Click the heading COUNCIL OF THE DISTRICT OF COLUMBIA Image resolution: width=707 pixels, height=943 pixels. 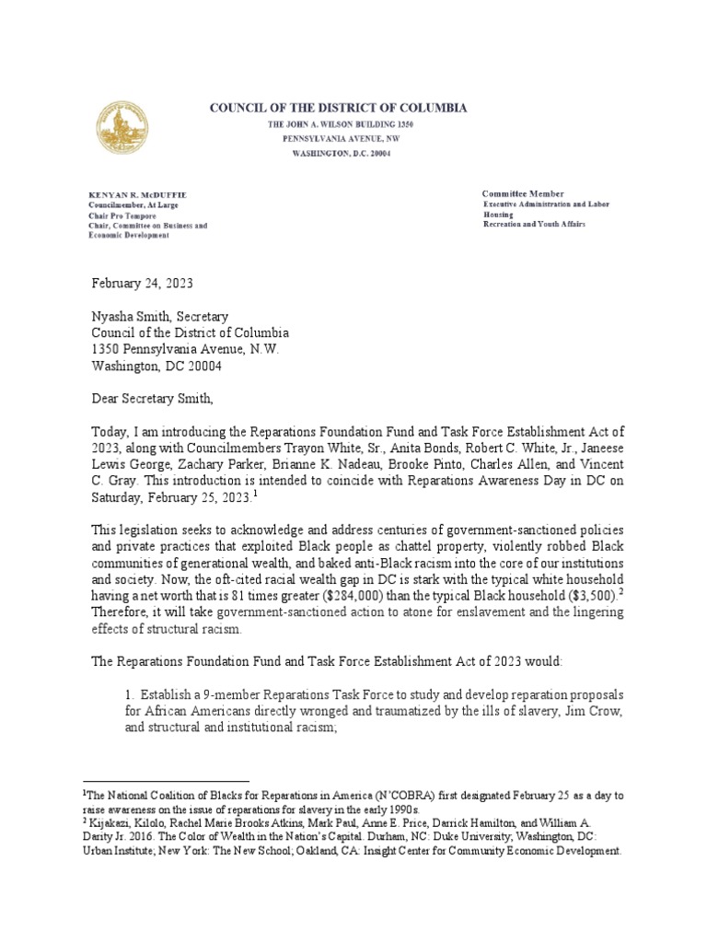click(339, 108)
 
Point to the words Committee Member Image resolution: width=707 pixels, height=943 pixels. click(522, 193)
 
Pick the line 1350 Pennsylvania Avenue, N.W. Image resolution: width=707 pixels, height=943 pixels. click(180, 349)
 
